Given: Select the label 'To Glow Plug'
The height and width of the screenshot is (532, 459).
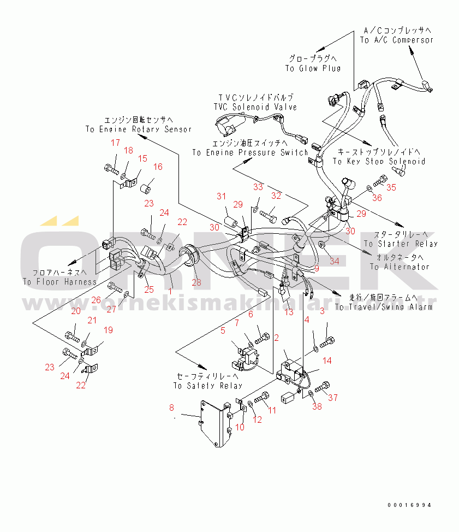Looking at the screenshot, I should point(312,68).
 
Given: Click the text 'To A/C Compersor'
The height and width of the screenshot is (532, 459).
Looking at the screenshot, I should point(396,40).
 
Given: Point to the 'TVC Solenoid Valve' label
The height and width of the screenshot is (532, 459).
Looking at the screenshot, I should point(255,107).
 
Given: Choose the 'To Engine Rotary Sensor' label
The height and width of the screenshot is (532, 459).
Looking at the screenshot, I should point(139,129).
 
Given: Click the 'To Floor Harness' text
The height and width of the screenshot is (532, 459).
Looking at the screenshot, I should point(59,282).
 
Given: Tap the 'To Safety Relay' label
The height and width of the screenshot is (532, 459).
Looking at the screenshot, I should point(207,386).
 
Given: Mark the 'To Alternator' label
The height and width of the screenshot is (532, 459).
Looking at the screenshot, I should point(400,267).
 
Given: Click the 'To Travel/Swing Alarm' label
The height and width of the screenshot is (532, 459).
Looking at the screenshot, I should point(384,307).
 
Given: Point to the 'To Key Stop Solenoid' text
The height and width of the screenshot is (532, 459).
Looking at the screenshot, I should point(379,161).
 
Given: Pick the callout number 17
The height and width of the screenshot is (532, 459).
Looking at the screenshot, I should point(115,143).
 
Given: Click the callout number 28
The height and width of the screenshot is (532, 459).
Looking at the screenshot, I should point(196,282).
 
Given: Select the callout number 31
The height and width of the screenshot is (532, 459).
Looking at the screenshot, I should point(220,197).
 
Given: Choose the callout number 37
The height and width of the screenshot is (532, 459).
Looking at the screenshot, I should point(333,397).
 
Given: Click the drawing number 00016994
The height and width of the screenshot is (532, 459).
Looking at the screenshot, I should point(409,505).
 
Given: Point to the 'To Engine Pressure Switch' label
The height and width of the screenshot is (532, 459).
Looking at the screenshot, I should point(249,152).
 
